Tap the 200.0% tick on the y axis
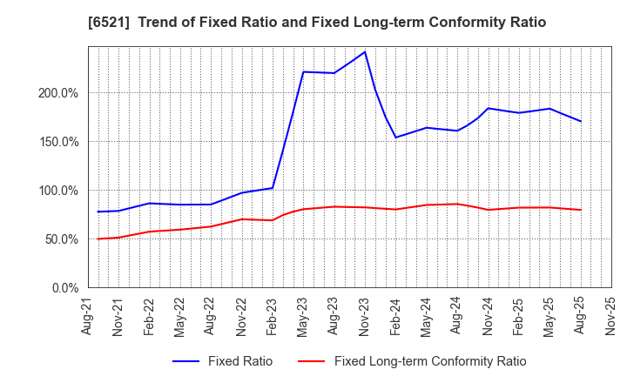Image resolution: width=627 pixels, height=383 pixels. coord(59,93)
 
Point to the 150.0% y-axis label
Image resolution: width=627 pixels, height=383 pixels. coord(59,142)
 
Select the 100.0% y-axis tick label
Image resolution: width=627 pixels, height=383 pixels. coord(59,191)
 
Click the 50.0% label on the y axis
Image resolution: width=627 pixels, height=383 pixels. coord(62,239)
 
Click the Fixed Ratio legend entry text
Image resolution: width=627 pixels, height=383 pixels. coord(239,361)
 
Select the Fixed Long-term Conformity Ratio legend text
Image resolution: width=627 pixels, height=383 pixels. coord(430,361)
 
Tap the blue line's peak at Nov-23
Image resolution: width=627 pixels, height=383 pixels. coord(365,51)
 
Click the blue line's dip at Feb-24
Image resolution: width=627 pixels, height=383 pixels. coord(396,138)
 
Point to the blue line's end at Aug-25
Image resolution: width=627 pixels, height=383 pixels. coord(580,121)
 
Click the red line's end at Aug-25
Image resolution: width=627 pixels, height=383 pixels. coord(580,210)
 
